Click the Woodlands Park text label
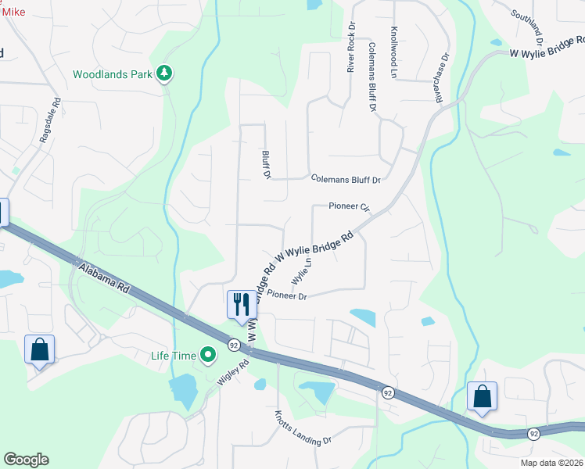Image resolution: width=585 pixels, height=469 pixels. pos(112,75)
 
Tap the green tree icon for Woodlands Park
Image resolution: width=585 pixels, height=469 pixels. pos(164,74)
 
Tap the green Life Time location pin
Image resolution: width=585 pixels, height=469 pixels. pos(207,356)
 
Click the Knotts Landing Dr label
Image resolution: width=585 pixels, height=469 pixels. pos(303,429)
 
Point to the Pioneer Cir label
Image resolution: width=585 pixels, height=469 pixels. pos(349,207)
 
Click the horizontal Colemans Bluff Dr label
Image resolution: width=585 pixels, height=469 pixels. pos(345,179)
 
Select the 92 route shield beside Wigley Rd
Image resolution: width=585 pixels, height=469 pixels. pos(233,344)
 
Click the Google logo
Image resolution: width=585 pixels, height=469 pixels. pos(26,460)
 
